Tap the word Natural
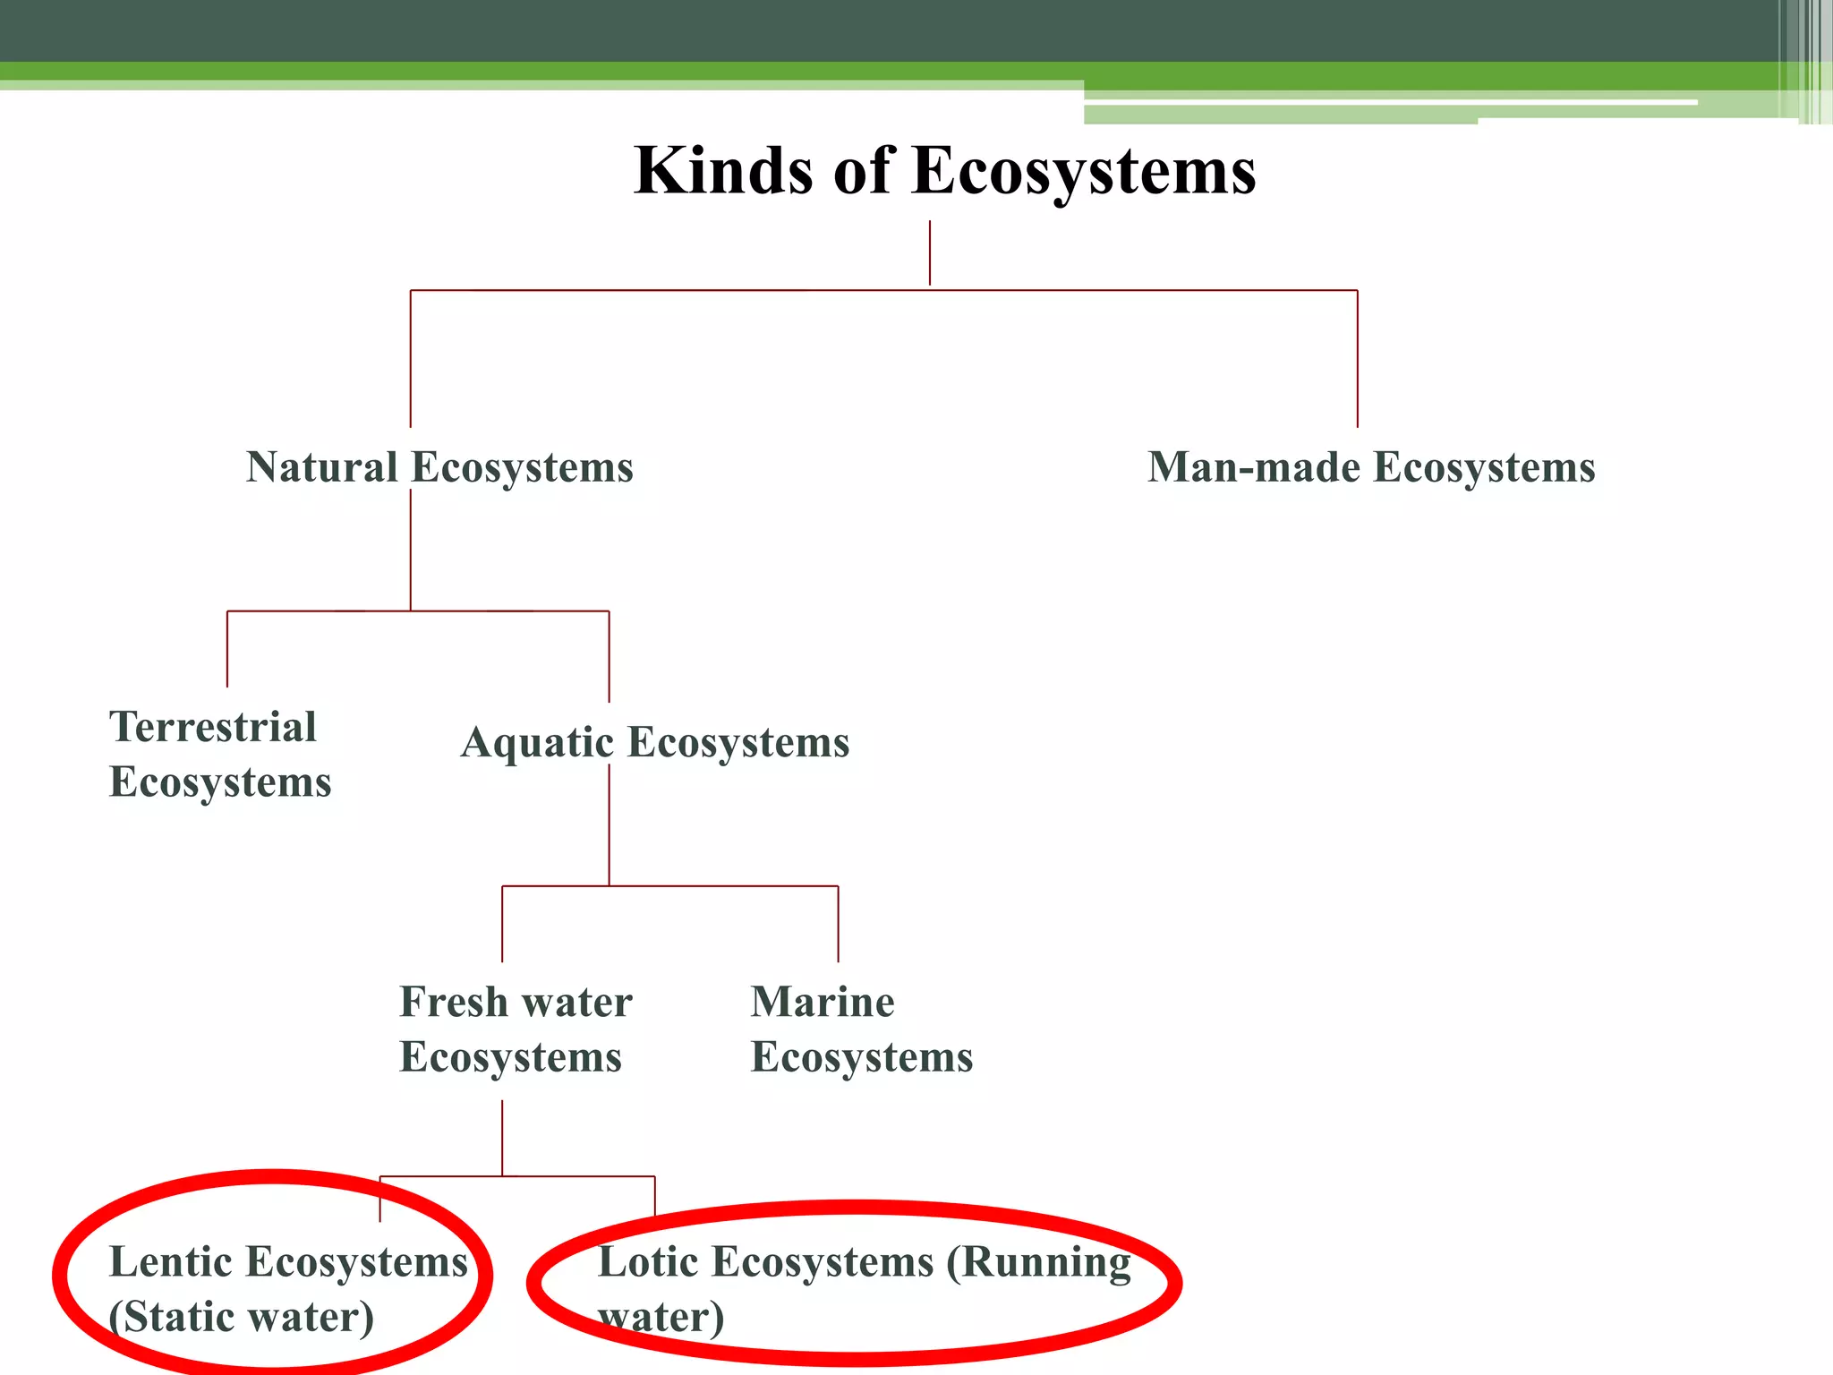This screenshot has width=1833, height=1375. coord(322,467)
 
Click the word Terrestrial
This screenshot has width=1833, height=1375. coord(213,727)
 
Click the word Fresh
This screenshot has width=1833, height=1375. coord(454,1002)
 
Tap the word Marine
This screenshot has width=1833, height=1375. coord(823,1002)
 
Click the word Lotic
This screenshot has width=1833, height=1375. coord(648,1262)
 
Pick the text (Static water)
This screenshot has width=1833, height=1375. coord(242,1318)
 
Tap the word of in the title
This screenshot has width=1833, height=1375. coord(864,170)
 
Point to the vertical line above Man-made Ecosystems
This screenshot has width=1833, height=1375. coord(1357,358)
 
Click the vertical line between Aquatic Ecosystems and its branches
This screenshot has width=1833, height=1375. coord(610,824)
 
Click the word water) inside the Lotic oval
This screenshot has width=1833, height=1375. coord(661,1318)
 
